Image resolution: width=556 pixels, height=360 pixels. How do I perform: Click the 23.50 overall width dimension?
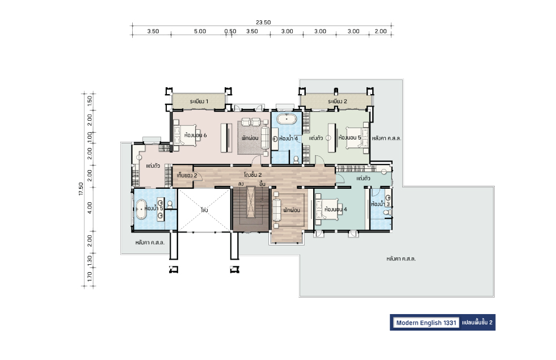pyautogui.click(x=263, y=22)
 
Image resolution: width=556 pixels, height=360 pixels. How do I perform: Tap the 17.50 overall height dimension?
pyautogui.click(x=81, y=189)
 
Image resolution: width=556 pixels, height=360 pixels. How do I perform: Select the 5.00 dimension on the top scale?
pyautogui.click(x=200, y=31)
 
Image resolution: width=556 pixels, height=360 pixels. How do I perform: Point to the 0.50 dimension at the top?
pyautogui.click(x=230, y=31)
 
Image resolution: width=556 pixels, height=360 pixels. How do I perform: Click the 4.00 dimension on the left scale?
pyautogui.click(x=90, y=207)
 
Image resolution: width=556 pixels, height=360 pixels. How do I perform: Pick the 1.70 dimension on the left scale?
pyautogui.click(x=90, y=277)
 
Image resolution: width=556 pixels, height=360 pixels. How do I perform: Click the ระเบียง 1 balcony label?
pyautogui.click(x=199, y=101)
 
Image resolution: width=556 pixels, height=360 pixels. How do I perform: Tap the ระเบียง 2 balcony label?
pyautogui.click(x=337, y=101)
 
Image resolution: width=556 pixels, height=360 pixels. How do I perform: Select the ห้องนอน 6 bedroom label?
pyautogui.click(x=195, y=135)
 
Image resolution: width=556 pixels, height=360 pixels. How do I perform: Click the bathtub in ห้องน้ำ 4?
pyautogui.click(x=287, y=119)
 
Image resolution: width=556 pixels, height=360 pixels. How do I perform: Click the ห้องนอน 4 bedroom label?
pyautogui.click(x=336, y=209)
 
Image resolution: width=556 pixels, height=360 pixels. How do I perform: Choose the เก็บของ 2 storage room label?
pyautogui.click(x=187, y=175)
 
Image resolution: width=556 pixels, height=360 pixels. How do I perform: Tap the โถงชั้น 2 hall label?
pyautogui.click(x=253, y=175)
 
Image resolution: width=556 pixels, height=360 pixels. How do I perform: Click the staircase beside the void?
pyautogui.click(x=251, y=209)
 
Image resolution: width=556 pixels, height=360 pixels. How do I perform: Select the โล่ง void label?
pyautogui.click(x=204, y=210)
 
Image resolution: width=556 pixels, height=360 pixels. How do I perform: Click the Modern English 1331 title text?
pyautogui.click(x=426, y=323)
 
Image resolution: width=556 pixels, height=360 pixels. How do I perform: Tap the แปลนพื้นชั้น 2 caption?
pyautogui.click(x=477, y=323)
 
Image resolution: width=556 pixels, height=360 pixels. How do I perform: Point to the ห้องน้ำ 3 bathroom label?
pyautogui.click(x=381, y=204)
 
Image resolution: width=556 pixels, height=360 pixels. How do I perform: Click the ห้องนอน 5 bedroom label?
pyautogui.click(x=349, y=137)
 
